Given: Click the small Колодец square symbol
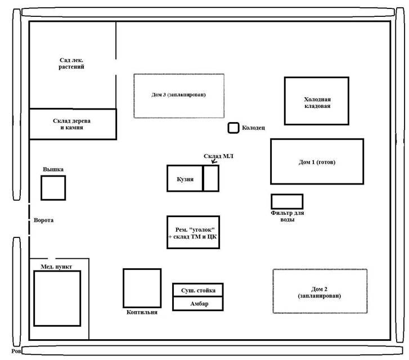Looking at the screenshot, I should (233, 128).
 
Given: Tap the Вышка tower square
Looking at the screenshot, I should (53, 187).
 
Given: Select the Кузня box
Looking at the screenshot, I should (185, 178).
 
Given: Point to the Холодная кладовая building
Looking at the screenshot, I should (316, 101).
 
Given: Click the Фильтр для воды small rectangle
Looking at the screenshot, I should (286, 201).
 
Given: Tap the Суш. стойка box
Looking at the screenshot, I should (197, 290).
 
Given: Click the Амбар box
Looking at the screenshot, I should (197, 304).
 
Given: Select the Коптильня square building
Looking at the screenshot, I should (141, 287).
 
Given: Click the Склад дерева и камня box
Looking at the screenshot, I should (72, 124).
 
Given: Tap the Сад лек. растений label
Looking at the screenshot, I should (71, 63).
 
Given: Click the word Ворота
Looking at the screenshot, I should (43, 220).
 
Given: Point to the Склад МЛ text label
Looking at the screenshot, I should (218, 156).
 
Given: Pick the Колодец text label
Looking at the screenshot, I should (253, 128).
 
